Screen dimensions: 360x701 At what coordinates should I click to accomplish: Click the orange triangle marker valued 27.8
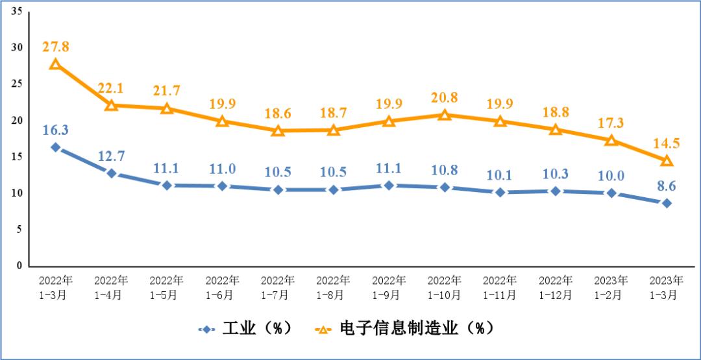click(55, 64)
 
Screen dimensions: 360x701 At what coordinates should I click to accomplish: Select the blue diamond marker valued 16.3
click(55, 147)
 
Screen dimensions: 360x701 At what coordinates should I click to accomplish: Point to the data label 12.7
click(111, 155)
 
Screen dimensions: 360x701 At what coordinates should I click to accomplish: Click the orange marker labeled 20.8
click(445, 115)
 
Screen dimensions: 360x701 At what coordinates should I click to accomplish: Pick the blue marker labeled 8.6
click(667, 203)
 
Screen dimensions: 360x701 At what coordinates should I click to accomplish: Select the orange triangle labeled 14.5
click(667, 160)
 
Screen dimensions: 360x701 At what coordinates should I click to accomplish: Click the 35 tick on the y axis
click(17, 12)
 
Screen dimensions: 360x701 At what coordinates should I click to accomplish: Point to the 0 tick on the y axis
click(19, 266)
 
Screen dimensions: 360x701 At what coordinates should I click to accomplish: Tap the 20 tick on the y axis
click(17, 121)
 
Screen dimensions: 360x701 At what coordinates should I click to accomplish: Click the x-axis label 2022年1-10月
click(445, 287)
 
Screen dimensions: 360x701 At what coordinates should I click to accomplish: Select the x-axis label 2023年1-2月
click(611, 287)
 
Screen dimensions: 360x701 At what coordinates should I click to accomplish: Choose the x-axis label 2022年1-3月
click(55, 287)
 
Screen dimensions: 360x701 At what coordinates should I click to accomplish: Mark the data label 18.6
click(278, 113)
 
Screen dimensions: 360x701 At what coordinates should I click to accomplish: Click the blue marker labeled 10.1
click(500, 193)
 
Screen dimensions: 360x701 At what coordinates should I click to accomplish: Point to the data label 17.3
click(611, 123)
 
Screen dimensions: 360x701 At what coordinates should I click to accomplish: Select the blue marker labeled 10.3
click(556, 191)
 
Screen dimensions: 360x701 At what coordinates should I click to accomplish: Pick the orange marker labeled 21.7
click(167, 108)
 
